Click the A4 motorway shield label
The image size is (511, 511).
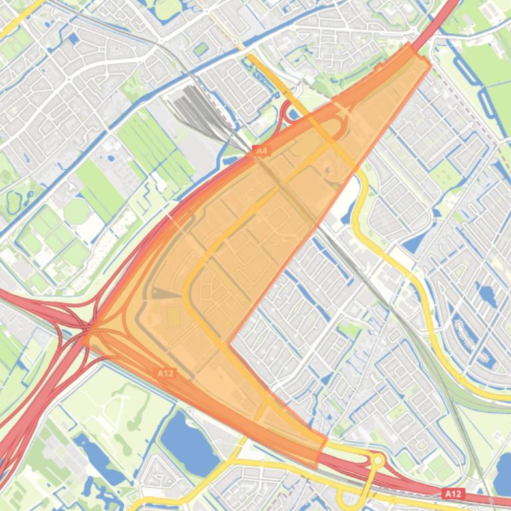coord(261,151)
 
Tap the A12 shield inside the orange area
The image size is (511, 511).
coord(165,374)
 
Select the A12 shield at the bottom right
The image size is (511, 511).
coord(453,494)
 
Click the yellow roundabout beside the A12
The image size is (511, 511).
coord(377,460)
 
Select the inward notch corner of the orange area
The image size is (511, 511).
coord(230,342)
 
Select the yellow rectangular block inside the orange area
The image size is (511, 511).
coord(173,318)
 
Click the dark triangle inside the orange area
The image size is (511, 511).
coord(166,293)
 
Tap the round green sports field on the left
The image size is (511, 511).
coord(76,212)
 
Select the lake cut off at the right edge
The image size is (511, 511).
coord(503,475)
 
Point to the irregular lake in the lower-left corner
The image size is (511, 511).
coord(96,458)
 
